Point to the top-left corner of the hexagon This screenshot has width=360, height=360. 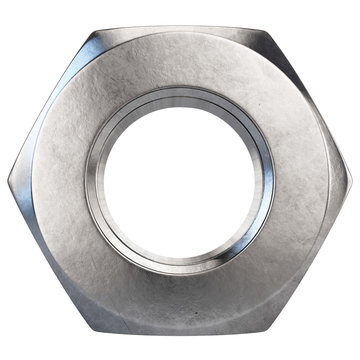click(x=91, y=29)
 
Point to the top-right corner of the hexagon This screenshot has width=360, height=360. click(x=268, y=29)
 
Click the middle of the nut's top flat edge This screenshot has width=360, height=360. click(x=180, y=27)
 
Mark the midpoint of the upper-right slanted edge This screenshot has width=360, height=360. click(x=311, y=106)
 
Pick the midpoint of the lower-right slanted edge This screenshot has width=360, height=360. click(x=311, y=259)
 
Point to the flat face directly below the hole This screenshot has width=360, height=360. click(x=180, y=305)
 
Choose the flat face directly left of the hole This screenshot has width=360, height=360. click(x=50, y=182)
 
